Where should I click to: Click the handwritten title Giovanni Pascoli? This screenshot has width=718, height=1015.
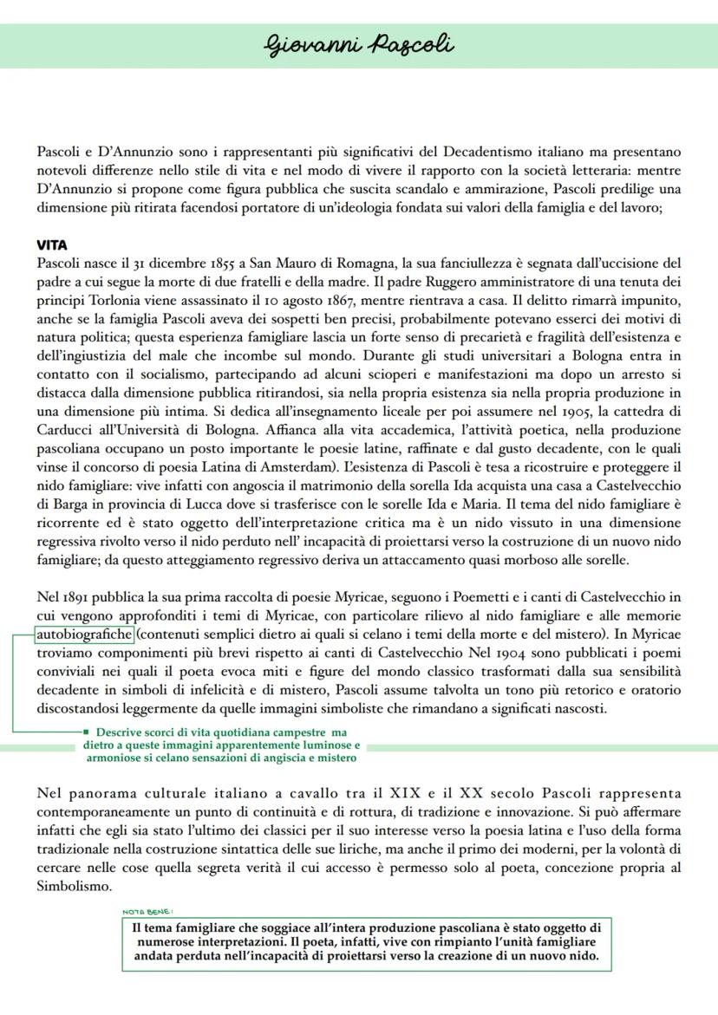(x=359, y=43)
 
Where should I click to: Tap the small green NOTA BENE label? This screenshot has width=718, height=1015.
(x=148, y=911)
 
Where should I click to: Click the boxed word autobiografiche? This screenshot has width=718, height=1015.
(x=85, y=634)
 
